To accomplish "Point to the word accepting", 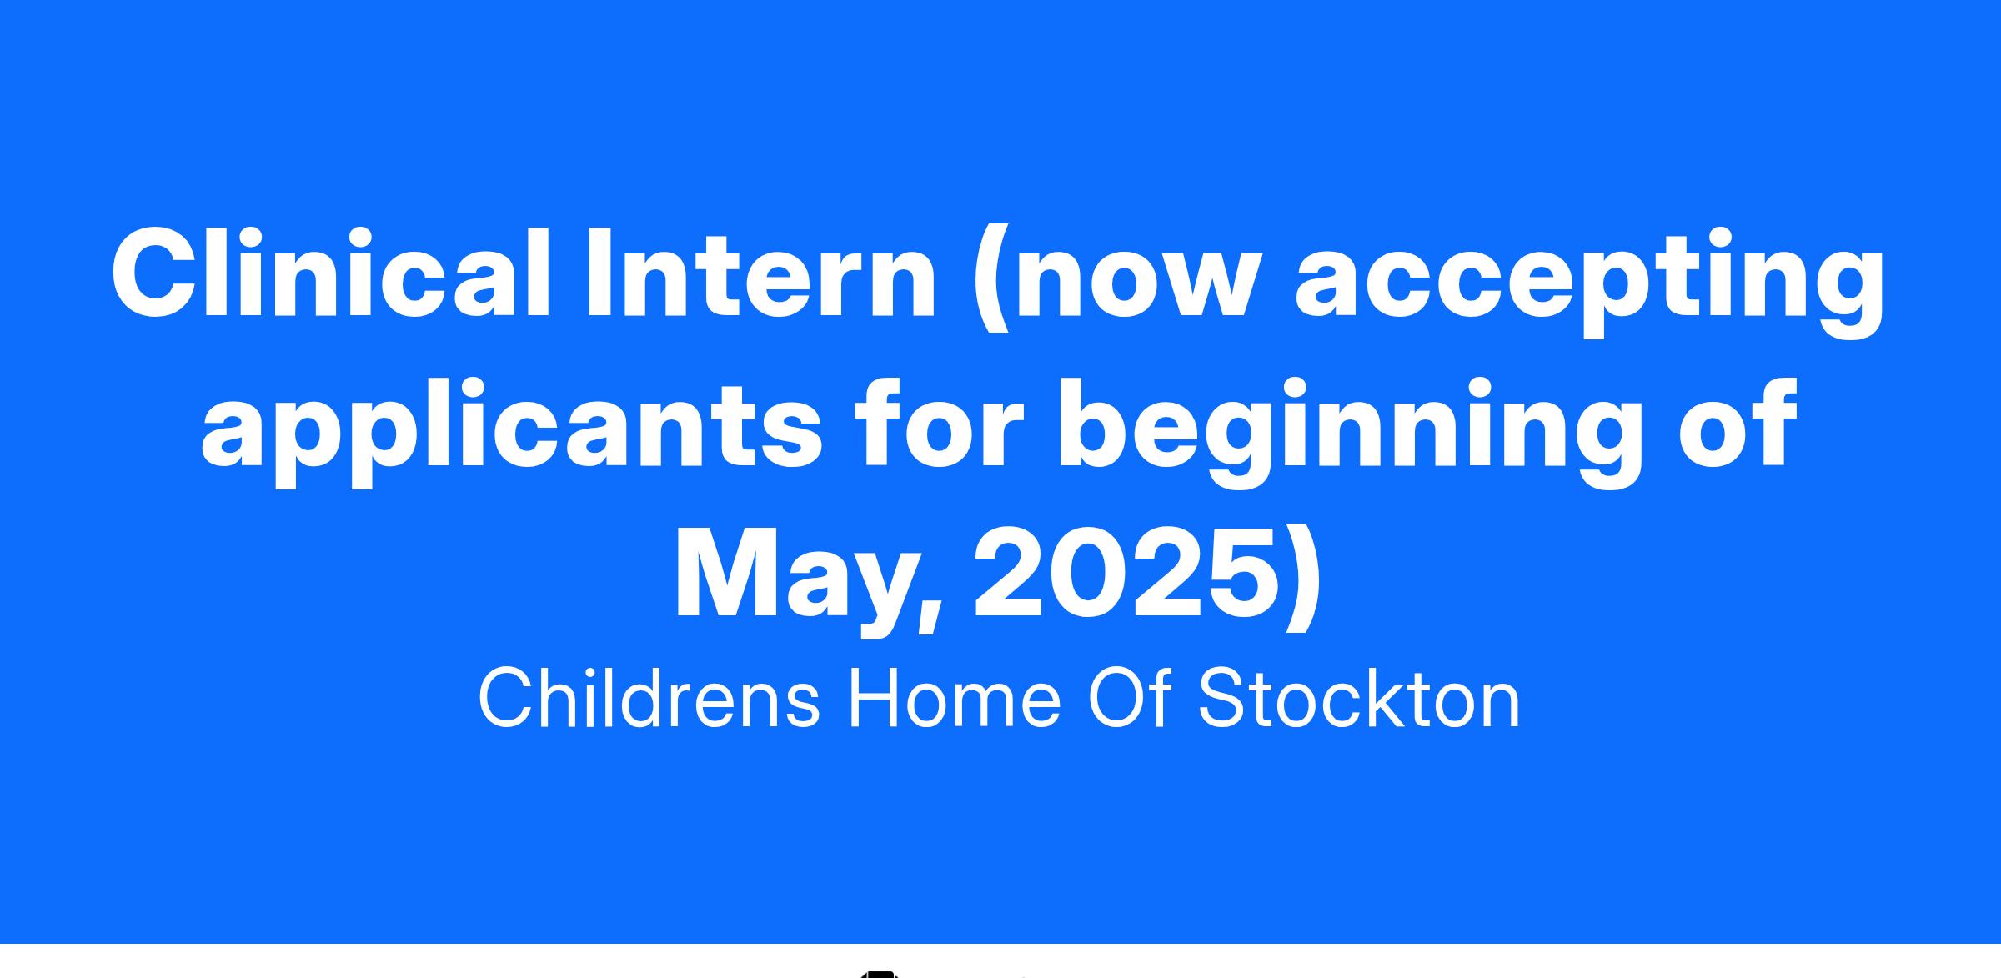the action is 1589,283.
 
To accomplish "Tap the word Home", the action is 953,699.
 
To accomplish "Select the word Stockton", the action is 1359,699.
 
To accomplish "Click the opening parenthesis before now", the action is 993,280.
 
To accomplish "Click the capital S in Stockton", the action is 1225,699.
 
